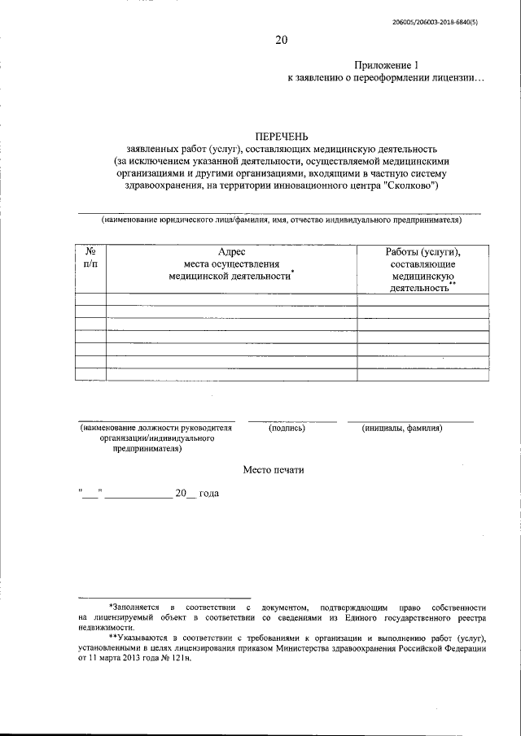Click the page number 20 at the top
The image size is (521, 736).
point(281,39)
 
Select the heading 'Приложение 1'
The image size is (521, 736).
point(387,65)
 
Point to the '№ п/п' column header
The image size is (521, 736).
point(90,259)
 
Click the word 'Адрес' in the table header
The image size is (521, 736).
point(231,253)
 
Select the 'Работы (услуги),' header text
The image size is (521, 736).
point(422,253)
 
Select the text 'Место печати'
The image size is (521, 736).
point(275,470)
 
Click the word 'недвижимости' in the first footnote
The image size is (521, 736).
point(105,628)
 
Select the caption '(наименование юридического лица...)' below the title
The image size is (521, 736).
point(281,220)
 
